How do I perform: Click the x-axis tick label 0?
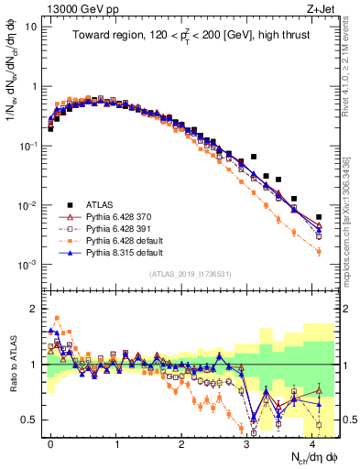[50, 442]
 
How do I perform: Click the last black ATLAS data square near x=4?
[319, 217]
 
